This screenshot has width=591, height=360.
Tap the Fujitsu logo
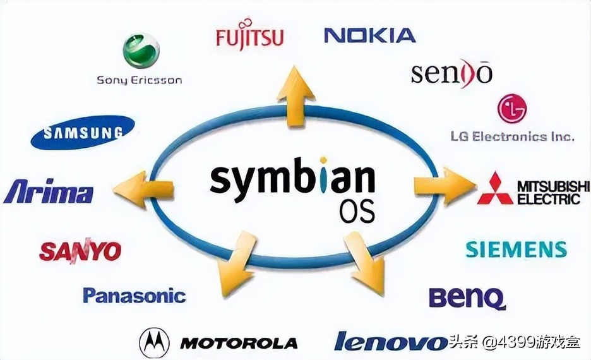249,33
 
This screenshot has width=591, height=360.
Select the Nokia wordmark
370,35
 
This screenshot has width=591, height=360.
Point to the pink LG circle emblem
512,109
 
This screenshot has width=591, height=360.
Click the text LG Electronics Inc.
512,136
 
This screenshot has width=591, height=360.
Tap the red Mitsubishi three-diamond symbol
495,189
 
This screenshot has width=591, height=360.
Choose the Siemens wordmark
516,249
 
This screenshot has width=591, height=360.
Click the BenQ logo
467,299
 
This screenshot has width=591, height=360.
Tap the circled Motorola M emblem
155,343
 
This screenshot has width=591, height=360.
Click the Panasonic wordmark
134,296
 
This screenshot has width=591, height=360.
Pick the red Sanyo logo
80,250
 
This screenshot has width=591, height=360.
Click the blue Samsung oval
83,132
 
